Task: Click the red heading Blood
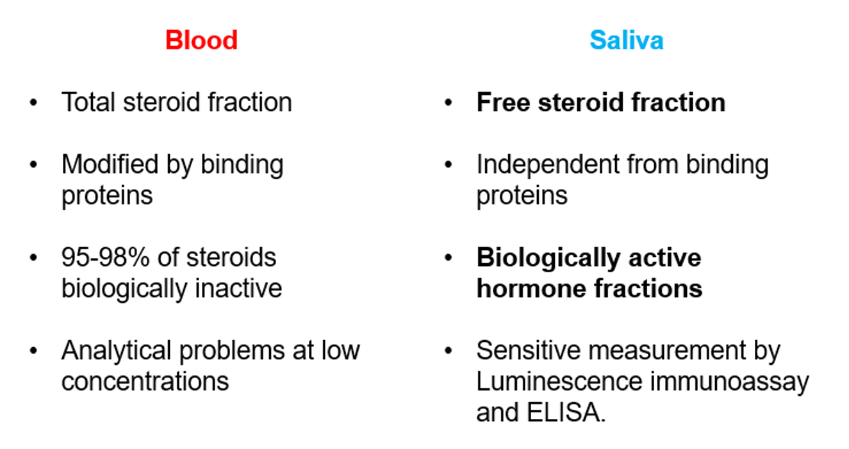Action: tap(201, 40)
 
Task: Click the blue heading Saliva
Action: tap(627, 40)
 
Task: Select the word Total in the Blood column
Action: tap(88, 102)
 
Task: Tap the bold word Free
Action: tap(504, 102)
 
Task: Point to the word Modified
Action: tap(110, 165)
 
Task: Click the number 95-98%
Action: tap(105, 257)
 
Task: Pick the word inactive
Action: tap(238, 288)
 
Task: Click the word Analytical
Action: tap(117, 351)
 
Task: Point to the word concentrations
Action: tap(145, 382)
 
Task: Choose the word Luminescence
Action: tap(559, 381)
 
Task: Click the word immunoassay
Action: tap(730, 382)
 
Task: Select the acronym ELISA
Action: tap(566, 412)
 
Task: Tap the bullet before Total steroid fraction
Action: tap(33, 102)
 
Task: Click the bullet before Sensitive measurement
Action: tap(449, 350)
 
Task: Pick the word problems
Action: tap(231, 351)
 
